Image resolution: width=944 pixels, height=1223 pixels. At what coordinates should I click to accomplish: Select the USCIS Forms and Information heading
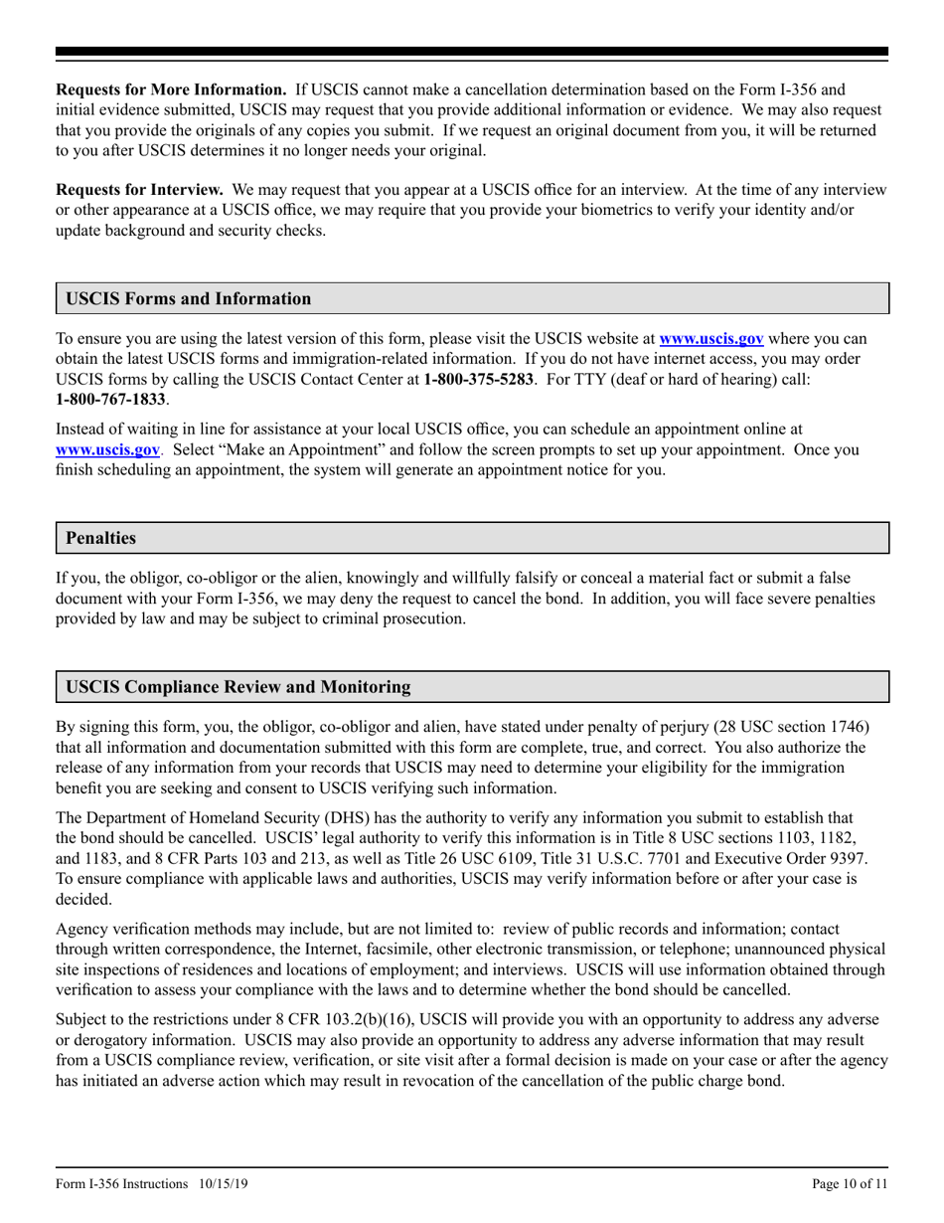(x=188, y=298)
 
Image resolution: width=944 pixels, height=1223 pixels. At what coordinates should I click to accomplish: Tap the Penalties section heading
(x=100, y=538)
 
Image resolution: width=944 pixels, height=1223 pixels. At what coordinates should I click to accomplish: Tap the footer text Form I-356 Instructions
(x=121, y=1184)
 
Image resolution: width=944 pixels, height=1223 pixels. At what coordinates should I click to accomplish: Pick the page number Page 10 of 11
(x=850, y=1184)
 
